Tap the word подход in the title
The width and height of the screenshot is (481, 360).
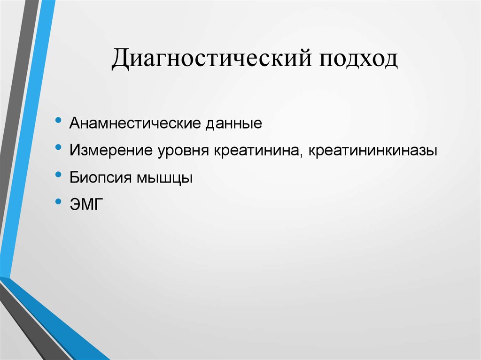click(358, 61)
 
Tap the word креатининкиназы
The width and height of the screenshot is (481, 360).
click(374, 151)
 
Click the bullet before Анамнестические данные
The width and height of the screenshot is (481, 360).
click(58, 121)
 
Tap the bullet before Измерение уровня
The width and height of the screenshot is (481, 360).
click(58, 148)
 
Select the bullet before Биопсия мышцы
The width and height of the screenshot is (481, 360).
click(58, 175)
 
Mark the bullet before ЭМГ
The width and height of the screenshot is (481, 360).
click(58, 201)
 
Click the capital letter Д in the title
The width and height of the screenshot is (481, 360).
click(121, 61)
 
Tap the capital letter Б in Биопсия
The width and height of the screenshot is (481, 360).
click(74, 178)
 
